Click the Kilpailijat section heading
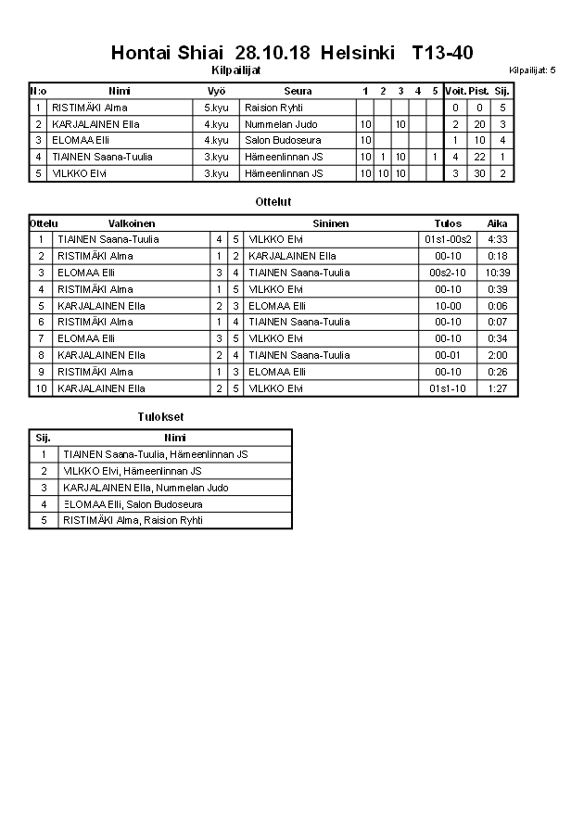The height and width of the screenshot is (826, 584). [x=236, y=70]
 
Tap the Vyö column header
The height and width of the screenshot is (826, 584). [x=216, y=91]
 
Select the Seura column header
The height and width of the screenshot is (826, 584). [x=298, y=91]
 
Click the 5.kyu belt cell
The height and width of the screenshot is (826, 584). [x=216, y=108]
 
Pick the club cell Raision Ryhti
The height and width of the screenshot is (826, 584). [x=273, y=108]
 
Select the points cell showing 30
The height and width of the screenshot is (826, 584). [x=478, y=173]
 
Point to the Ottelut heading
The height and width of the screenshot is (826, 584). [x=273, y=201]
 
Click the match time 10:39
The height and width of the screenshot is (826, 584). [x=498, y=273]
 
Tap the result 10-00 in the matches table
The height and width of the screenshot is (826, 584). [x=448, y=306]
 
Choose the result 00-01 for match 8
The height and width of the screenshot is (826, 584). [x=448, y=355]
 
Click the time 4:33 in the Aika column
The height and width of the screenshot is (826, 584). [x=498, y=239]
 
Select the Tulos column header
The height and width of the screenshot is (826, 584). [x=448, y=223]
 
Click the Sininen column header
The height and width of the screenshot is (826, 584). [x=331, y=223]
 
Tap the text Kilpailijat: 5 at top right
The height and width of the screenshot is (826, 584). [x=532, y=70]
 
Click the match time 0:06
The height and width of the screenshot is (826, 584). [x=498, y=306]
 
